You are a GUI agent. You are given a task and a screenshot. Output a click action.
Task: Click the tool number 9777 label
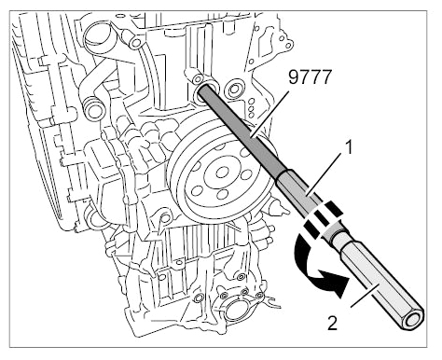coord(310,77)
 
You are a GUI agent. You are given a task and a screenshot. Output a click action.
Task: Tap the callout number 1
coord(350,147)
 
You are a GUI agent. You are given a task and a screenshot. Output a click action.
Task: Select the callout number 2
coord(332,323)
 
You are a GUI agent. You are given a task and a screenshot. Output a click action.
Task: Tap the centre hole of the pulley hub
coord(222,173)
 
